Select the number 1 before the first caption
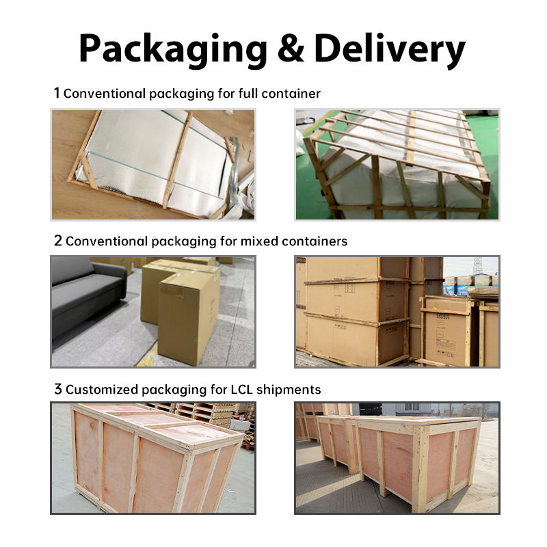pos(57,93)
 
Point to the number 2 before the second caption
pos(57,241)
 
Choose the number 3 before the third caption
pos(57,390)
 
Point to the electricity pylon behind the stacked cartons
pos(477,265)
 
